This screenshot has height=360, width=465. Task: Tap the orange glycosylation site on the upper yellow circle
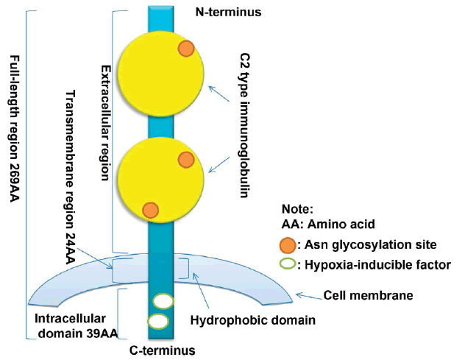(x=187, y=49)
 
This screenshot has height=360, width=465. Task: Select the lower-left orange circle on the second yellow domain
(x=151, y=210)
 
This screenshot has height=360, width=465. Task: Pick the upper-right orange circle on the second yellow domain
(x=186, y=159)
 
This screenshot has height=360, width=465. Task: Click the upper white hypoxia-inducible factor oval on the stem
(x=163, y=300)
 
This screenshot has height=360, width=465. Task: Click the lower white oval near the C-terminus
(x=157, y=321)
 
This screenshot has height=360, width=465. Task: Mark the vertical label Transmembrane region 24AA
(x=71, y=177)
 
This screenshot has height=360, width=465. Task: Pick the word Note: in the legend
(x=297, y=210)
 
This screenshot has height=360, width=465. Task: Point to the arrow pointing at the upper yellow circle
(x=218, y=95)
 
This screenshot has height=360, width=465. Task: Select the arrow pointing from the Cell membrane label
(x=308, y=295)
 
